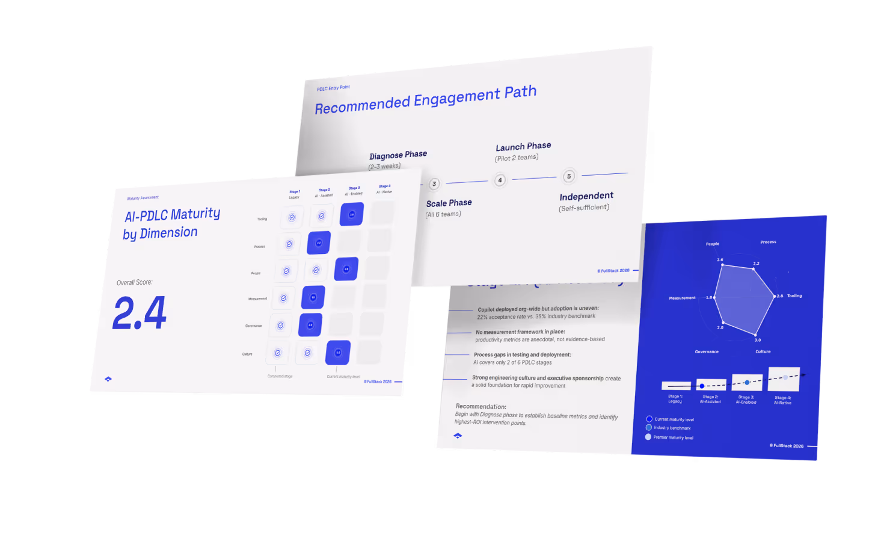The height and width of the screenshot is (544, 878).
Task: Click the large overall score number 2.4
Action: [140, 313]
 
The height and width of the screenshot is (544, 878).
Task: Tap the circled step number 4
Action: [500, 180]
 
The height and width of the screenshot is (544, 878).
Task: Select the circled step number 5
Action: [569, 176]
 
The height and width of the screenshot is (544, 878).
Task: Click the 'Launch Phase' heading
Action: [523, 146]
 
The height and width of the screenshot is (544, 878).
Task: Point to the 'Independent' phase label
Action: [586, 196]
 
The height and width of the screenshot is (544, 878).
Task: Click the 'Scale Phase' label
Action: [449, 203]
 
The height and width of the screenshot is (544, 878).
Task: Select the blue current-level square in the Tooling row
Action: [352, 214]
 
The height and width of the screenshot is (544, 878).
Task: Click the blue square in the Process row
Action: [319, 243]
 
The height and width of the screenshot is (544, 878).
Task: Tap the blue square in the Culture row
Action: [338, 353]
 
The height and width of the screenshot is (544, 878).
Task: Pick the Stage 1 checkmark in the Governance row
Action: [280, 326]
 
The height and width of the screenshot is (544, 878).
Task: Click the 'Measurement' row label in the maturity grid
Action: [257, 299]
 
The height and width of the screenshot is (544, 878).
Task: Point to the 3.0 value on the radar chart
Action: [758, 340]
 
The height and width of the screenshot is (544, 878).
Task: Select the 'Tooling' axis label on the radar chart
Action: [794, 296]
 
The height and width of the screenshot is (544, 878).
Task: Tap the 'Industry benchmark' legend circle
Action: [649, 427]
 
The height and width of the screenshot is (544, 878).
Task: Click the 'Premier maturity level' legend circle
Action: [648, 437]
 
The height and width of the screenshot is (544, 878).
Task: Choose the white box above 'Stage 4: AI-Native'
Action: [784, 379]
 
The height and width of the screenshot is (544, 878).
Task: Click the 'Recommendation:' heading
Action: [481, 406]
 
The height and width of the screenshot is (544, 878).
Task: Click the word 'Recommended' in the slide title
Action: [362, 105]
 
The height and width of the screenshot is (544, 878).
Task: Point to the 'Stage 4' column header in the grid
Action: [384, 187]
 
